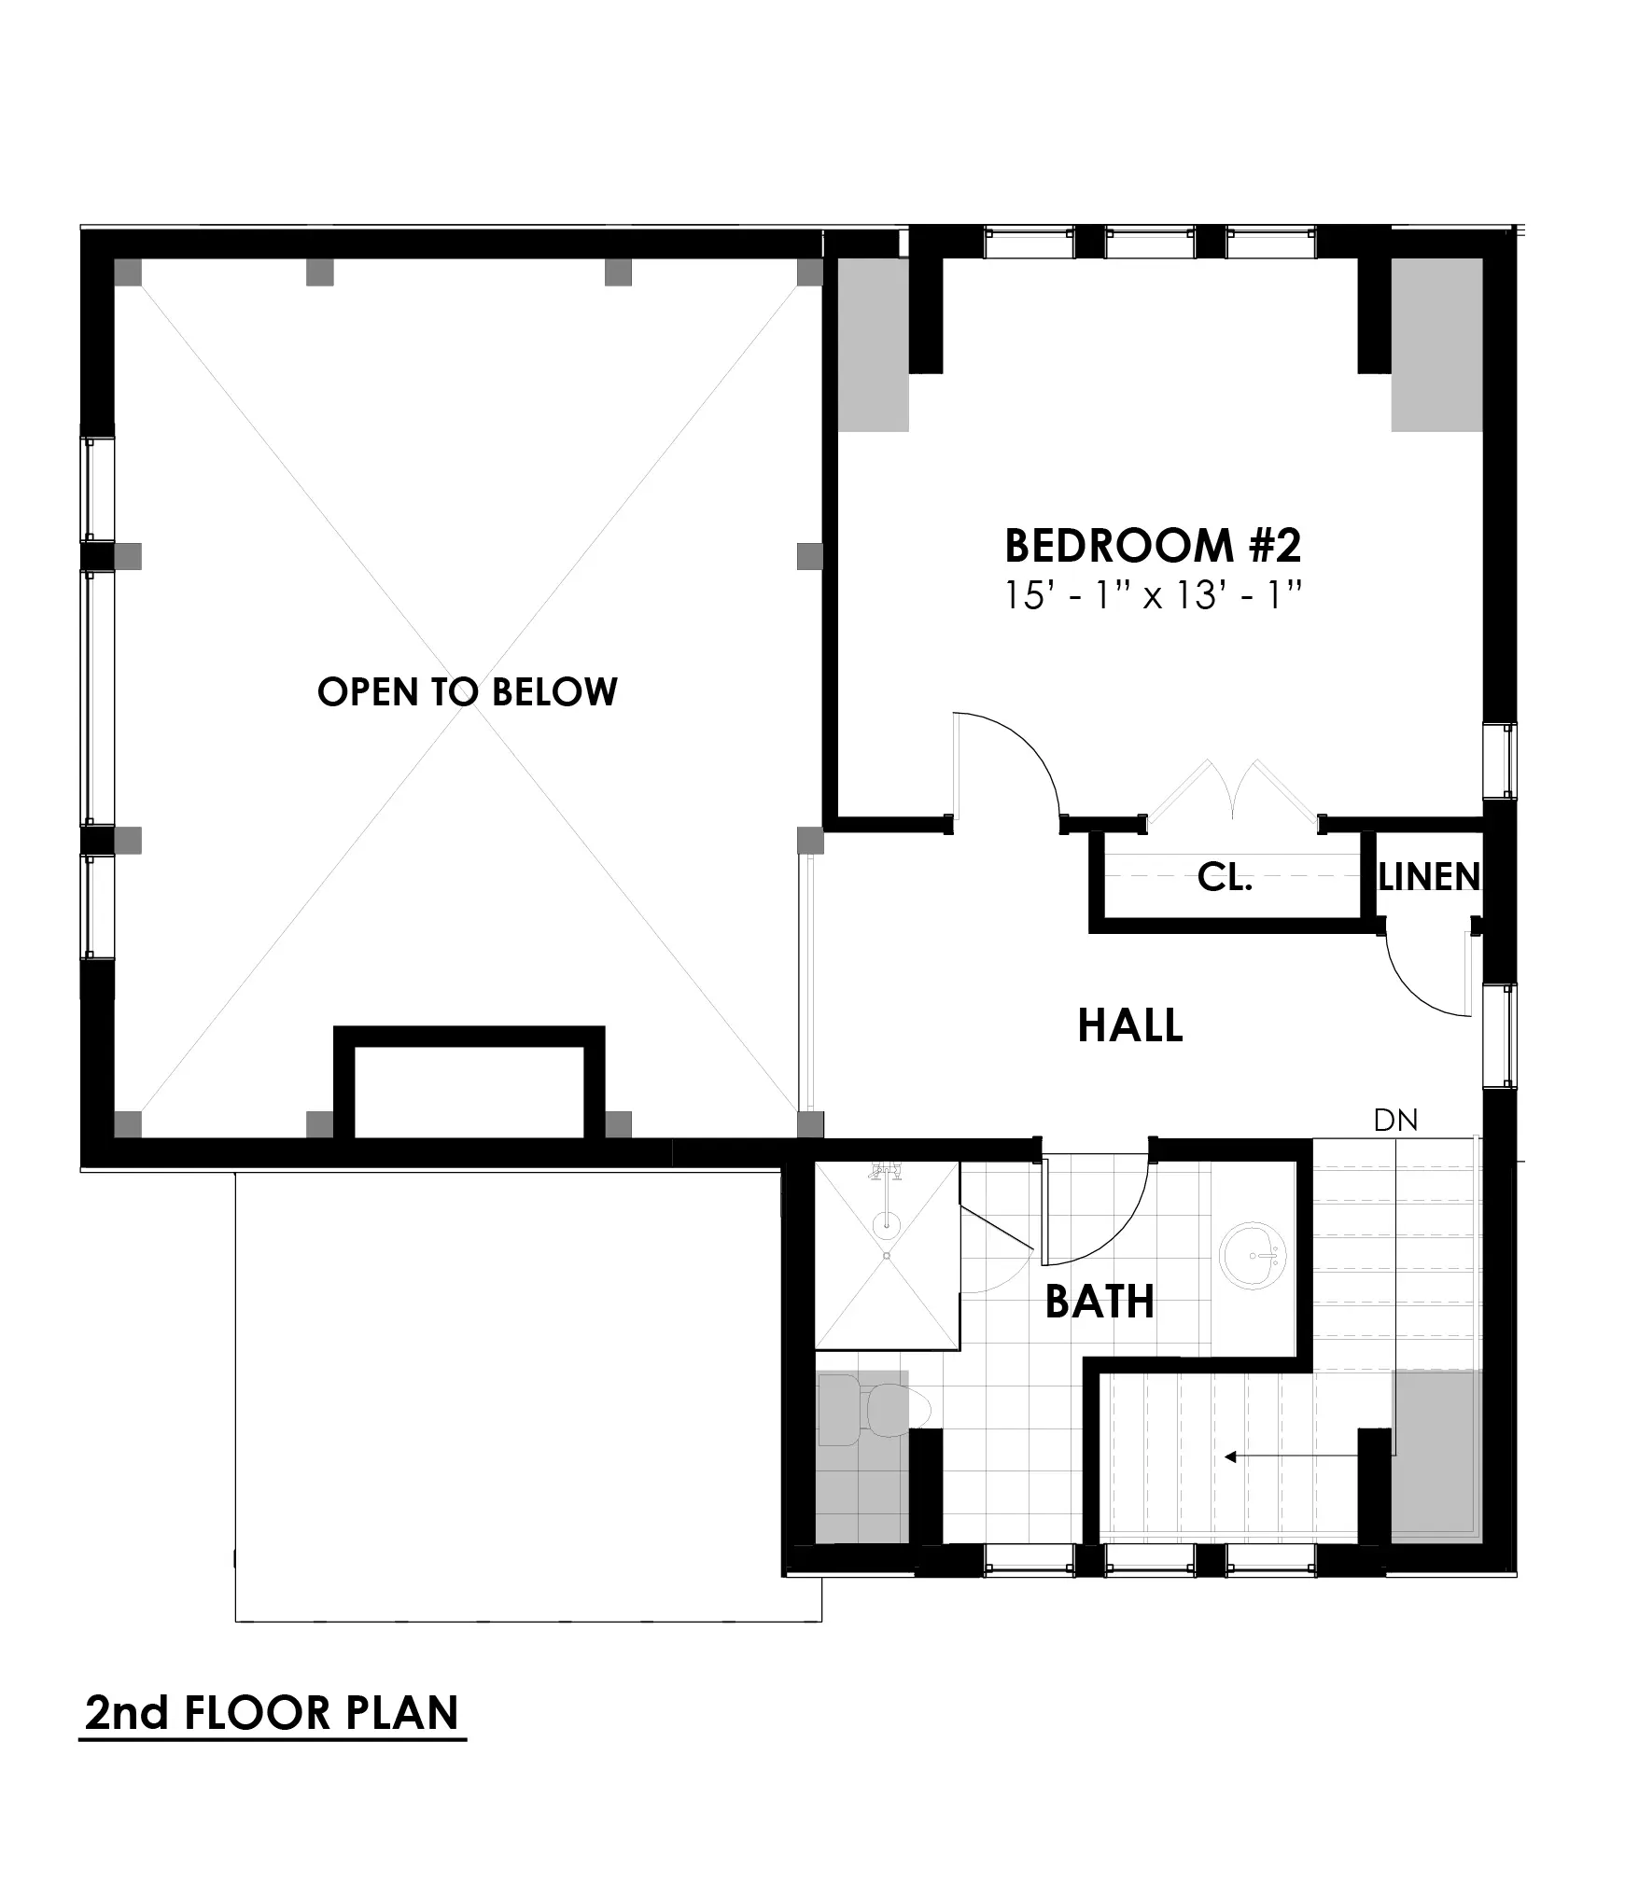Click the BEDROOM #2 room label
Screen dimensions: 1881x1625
[1152, 546]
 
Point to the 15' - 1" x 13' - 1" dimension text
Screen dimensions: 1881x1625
[1152, 595]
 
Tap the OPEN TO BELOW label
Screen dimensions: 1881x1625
[467, 692]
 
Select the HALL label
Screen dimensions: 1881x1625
[1129, 1025]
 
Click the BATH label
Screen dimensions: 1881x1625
[1099, 1302]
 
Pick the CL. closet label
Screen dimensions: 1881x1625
[1224, 877]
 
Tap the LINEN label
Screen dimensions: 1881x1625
[1428, 877]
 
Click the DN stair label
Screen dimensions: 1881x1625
[1395, 1121]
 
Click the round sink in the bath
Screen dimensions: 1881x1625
[1254, 1256]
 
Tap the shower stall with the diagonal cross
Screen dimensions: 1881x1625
[886, 1256]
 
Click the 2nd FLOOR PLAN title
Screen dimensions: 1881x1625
[272, 1713]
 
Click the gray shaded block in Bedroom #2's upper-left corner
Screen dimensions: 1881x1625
[873, 344]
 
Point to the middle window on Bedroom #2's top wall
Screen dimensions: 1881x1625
[1149, 244]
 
